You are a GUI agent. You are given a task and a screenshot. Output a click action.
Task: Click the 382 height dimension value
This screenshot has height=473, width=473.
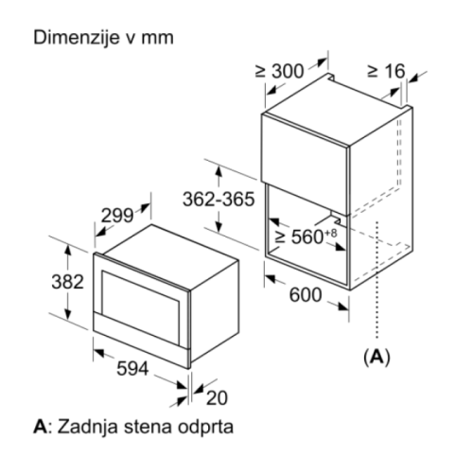pyautogui.click(x=67, y=282)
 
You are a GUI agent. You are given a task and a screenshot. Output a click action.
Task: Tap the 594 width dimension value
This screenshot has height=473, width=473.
pyautogui.click(x=132, y=368)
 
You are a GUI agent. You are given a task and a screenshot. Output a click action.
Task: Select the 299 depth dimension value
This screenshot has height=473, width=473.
pyautogui.click(x=117, y=216)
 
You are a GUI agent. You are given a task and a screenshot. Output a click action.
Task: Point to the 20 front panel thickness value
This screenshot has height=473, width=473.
pyautogui.click(x=217, y=398)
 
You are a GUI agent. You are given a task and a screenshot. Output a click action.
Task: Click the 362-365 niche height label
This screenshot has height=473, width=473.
pyautogui.click(x=219, y=199)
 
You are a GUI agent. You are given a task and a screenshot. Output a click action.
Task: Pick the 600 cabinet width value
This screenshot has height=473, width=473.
pyautogui.click(x=306, y=295)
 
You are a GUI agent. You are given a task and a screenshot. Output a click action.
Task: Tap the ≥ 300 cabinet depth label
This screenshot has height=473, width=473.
pyautogui.click(x=279, y=71)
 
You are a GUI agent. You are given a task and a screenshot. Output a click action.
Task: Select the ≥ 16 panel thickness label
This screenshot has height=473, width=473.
pyautogui.click(x=386, y=71)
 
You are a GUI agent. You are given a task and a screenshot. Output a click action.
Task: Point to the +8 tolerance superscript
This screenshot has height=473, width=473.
pyautogui.click(x=330, y=233)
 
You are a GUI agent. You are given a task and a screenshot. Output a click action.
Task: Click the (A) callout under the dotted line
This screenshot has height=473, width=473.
pyautogui.click(x=377, y=357)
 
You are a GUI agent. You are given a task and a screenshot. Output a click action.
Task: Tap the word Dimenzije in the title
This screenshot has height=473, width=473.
pyautogui.click(x=77, y=38)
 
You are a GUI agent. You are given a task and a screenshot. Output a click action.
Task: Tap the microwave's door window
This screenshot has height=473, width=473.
pyautogui.click(x=140, y=307)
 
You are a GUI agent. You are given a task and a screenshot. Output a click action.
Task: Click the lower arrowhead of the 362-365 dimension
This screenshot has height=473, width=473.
pyautogui.click(x=219, y=226)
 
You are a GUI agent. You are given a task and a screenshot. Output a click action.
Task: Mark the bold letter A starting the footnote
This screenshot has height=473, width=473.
pyautogui.click(x=41, y=427)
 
